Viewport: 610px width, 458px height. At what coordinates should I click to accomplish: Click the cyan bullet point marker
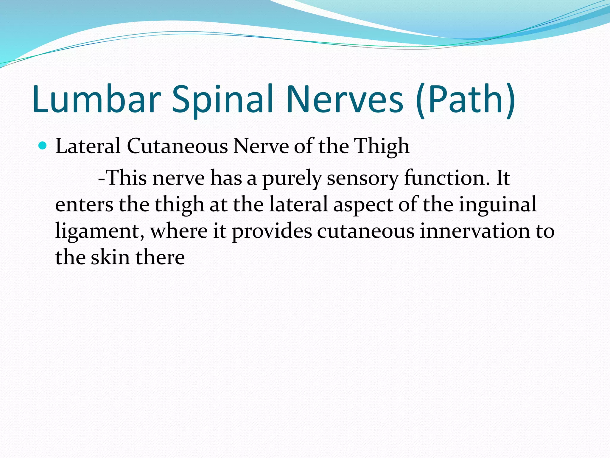click(x=43, y=146)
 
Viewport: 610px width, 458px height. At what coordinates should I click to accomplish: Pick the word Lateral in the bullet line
click(x=88, y=146)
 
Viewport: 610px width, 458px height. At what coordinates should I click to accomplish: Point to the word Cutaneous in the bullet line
click(x=177, y=146)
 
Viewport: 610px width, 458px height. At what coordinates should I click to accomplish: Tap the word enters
click(x=84, y=205)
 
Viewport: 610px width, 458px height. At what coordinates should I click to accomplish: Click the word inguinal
click(x=498, y=205)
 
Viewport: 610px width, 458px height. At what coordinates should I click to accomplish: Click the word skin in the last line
click(x=110, y=257)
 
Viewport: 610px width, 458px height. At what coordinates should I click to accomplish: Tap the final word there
click(x=160, y=257)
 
